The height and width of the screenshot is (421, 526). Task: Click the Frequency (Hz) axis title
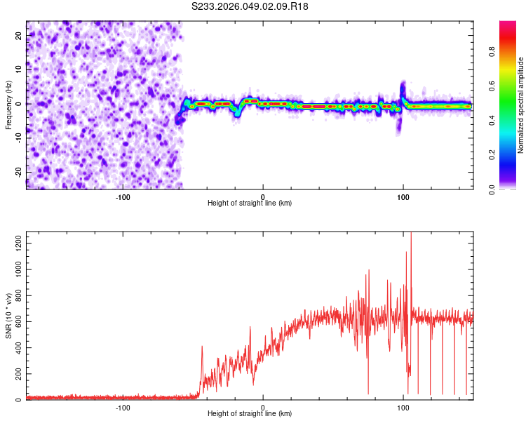pos(8,104)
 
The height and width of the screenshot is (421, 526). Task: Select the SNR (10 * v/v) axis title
pos(8,316)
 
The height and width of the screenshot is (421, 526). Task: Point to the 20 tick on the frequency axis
pos(18,35)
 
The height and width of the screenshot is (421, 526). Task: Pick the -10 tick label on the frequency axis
pos(17,138)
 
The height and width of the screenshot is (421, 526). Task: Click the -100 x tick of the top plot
pos(123,196)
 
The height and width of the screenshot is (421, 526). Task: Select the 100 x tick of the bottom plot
pos(403,407)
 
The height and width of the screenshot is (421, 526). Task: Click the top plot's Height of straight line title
pos(250,203)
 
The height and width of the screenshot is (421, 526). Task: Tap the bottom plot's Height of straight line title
pos(250,414)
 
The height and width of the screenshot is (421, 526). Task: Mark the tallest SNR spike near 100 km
pos(411,236)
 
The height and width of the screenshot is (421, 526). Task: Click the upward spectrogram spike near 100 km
pos(403,88)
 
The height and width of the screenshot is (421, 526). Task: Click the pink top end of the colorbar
pos(508,25)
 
